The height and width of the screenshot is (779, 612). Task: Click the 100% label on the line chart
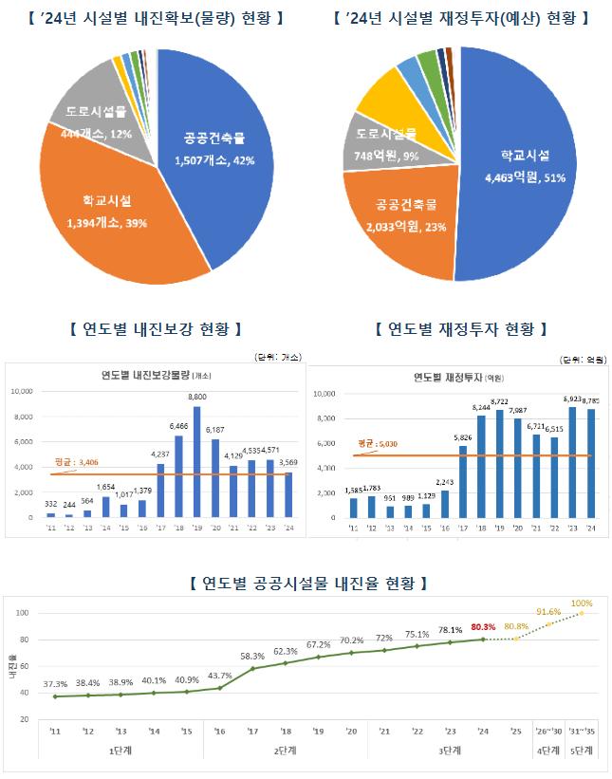[582, 603]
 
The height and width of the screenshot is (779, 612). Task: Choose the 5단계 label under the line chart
[581, 751]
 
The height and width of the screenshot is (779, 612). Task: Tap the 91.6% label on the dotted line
[548, 612]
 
